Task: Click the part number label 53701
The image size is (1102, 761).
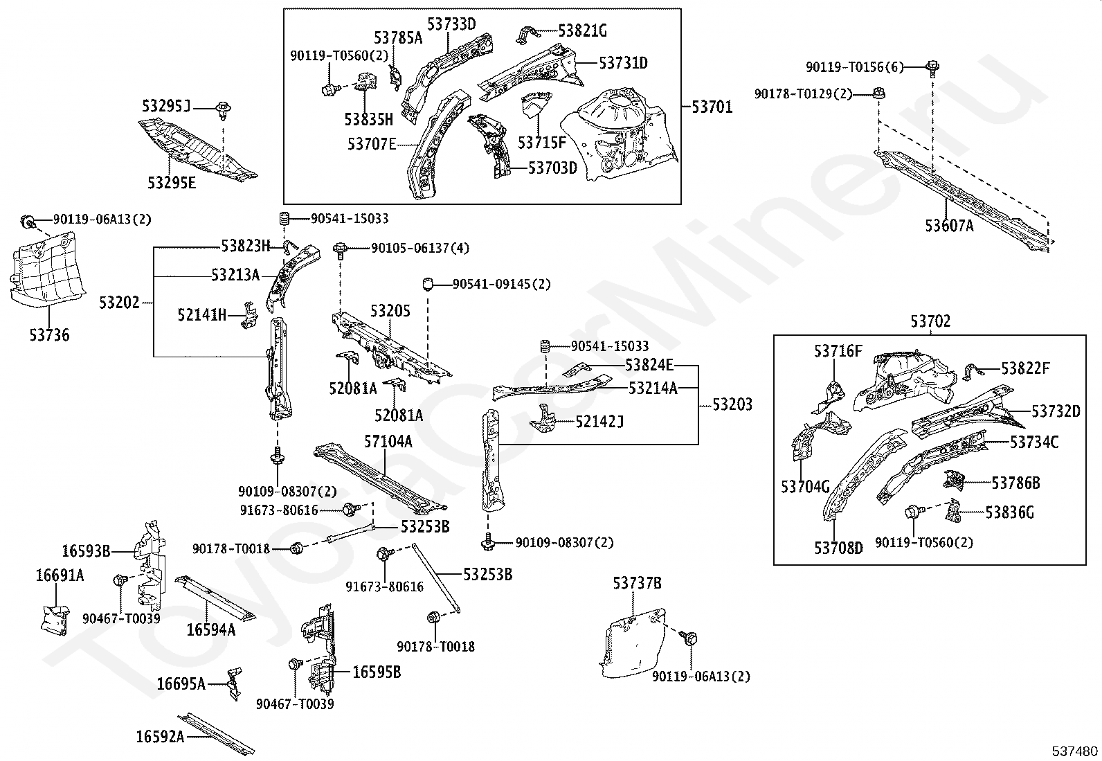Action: click(712, 107)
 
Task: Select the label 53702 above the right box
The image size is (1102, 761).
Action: click(930, 322)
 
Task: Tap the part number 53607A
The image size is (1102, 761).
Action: click(949, 225)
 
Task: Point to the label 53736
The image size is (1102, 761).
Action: click(49, 335)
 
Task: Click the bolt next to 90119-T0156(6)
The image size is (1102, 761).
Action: click(932, 67)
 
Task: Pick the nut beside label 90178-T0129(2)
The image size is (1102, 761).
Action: click(879, 93)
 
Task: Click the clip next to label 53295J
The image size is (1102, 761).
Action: click(223, 108)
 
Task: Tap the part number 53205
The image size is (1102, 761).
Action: click(390, 311)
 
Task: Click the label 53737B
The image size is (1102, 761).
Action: click(637, 584)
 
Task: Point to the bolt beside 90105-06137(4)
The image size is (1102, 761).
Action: click(340, 249)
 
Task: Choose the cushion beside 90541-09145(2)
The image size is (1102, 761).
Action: click(428, 284)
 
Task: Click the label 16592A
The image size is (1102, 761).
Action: click(160, 736)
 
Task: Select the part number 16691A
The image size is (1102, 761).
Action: click(60, 575)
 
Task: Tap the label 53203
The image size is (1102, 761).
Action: click(732, 404)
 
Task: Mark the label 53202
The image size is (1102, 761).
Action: click(119, 303)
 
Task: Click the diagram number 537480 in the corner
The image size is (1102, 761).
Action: click(1075, 751)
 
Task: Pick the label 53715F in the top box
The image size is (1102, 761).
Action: click(542, 143)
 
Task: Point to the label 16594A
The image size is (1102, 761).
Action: click(211, 629)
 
